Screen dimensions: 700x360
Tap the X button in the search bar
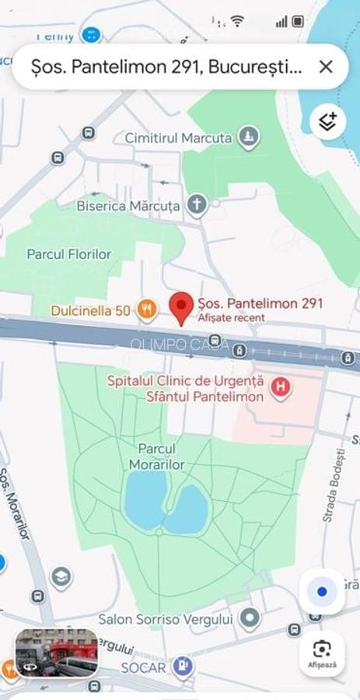[326, 67]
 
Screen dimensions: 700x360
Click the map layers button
[327, 121]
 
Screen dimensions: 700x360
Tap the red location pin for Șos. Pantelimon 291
[182, 307]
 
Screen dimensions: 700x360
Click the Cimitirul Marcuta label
[178, 138]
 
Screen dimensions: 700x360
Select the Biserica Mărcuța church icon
[197, 205]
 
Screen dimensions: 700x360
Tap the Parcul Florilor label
[69, 254]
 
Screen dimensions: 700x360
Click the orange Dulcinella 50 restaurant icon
[146, 310]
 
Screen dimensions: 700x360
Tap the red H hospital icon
[281, 387]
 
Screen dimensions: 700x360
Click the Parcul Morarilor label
[157, 457]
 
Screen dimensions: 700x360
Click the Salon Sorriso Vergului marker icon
[250, 619]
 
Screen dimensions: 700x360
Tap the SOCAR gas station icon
[183, 667]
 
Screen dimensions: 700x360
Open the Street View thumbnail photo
[56, 652]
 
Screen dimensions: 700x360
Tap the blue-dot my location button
[322, 592]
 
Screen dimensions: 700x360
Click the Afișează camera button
[322, 653]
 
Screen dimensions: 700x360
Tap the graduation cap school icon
[61, 577]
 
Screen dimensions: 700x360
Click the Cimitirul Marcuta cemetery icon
[248, 138]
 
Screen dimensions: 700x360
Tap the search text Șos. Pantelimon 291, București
[166, 68]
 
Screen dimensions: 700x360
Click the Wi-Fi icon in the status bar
[237, 21]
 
